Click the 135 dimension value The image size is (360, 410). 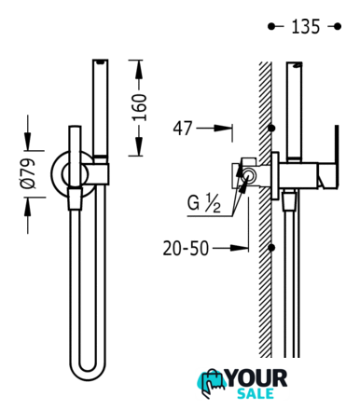click(305, 26)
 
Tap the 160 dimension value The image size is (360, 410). click(139, 107)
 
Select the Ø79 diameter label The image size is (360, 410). click(28, 173)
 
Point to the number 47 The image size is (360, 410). click(183, 128)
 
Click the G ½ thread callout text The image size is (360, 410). click(203, 203)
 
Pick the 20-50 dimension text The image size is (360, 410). click(186, 248)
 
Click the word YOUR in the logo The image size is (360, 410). click(256, 378)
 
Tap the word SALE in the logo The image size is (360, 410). click(256, 393)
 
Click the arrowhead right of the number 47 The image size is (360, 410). click(223, 128)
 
